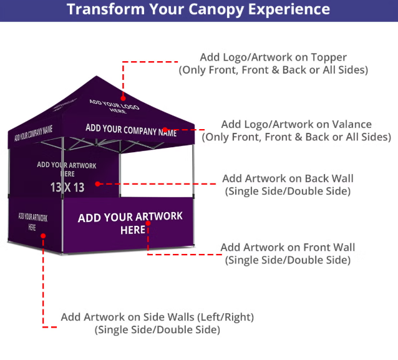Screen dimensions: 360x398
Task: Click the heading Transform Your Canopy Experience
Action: click(x=198, y=9)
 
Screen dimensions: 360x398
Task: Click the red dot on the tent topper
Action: click(x=124, y=97)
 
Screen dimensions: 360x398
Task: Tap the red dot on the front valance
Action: click(x=165, y=132)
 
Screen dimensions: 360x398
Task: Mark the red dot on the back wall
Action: click(x=98, y=184)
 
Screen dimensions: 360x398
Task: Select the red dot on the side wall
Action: click(x=43, y=235)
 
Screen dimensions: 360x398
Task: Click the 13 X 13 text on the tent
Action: click(x=67, y=187)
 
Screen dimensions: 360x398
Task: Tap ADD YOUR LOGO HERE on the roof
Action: click(x=114, y=106)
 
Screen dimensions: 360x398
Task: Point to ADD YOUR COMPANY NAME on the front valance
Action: click(x=131, y=130)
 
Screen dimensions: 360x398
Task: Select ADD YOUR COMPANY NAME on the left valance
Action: click(x=33, y=133)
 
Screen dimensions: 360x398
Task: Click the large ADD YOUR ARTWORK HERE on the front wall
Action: click(x=130, y=223)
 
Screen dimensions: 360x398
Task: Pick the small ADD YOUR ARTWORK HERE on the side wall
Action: click(x=32, y=221)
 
